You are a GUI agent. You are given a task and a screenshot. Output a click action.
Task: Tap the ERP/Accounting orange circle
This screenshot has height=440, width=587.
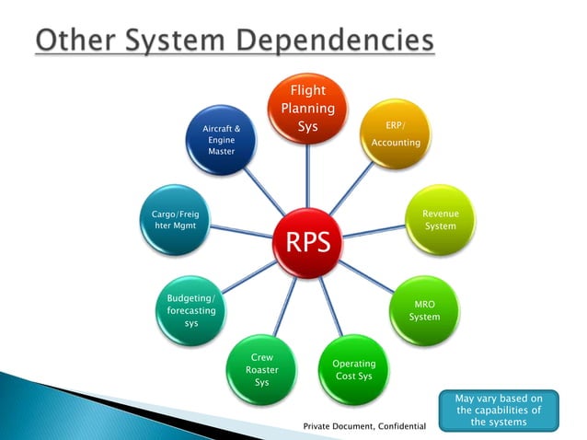click(x=395, y=134)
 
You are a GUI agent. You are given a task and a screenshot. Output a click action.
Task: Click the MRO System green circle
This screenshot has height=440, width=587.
click(x=424, y=310)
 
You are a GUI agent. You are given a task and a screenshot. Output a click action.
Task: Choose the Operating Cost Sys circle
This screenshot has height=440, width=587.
click(x=353, y=369)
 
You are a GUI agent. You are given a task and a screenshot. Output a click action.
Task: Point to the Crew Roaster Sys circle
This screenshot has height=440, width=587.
click(x=261, y=370)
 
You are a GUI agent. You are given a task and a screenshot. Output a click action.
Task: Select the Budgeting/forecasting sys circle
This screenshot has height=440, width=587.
click(x=191, y=310)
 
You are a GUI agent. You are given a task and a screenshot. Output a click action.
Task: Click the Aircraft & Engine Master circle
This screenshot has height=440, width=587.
click(x=221, y=140)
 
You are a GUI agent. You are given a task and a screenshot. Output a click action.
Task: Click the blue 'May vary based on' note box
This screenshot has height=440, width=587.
click(x=500, y=410)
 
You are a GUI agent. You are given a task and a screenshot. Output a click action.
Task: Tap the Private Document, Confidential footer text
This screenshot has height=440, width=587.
click(x=365, y=427)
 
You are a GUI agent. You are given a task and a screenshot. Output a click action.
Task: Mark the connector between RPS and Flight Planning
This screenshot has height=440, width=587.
click(x=306, y=175)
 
